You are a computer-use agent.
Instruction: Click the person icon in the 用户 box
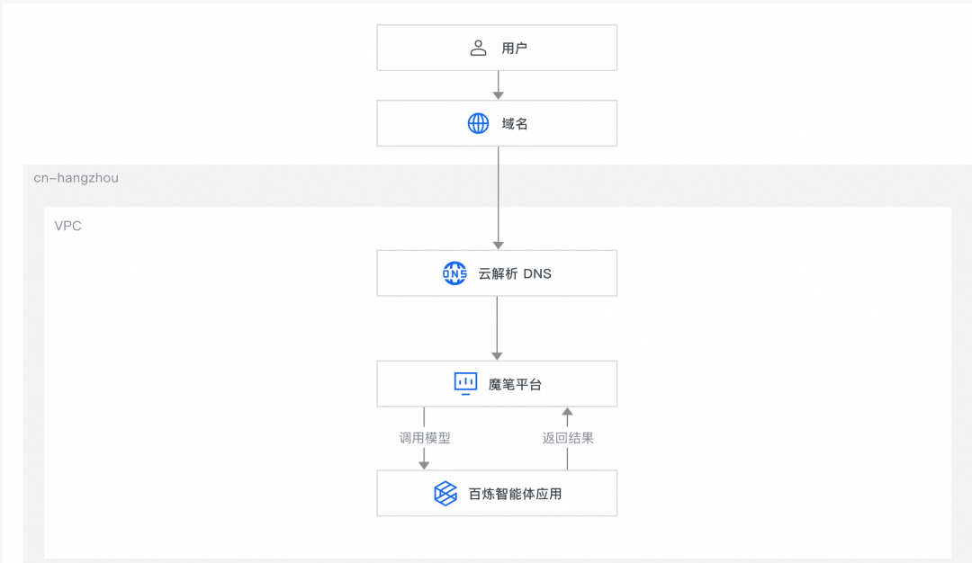pyautogui.click(x=478, y=48)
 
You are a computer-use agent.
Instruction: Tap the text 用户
pyautogui.click(x=515, y=48)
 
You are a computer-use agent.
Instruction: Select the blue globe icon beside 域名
pyautogui.click(x=478, y=123)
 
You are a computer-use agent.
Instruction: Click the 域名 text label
pyautogui.click(x=515, y=123)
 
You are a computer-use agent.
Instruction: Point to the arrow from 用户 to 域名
pyautogui.click(x=498, y=85)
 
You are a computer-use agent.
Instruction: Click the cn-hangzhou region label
pyautogui.click(x=76, y=178)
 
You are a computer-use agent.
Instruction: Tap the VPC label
pyautogui.click(x=68, y=226)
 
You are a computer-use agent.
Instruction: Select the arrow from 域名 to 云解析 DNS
pyautogui.click(x=498, y=198)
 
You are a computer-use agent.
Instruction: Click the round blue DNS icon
pyautogui.click(x=454, y=273)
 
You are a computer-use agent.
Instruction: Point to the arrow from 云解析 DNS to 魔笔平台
pyautogui.click(x=498, y=327)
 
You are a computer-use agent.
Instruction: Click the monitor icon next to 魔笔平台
pyautogui.click(x=465, y=384)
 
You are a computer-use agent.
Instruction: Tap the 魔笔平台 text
pyautogui.click(x=516, y=384)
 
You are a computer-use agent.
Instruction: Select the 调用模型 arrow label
pyautogui.click(x=425, y=438)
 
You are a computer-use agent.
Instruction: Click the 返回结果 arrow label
pyautogui.click(x=568, y=438)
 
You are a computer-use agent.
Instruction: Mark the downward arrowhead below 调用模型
pyautogui.click(x=424, y=464)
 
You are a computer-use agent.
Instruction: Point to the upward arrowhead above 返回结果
pyautogui.click(x=567, y=412)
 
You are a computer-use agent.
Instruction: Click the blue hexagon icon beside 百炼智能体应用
pyautogui.click(x=445, y=493)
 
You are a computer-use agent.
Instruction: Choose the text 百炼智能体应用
pyautogui.click(x=516, y=493)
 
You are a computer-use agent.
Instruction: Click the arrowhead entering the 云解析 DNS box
pyautogui.click(x=498, y=245)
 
